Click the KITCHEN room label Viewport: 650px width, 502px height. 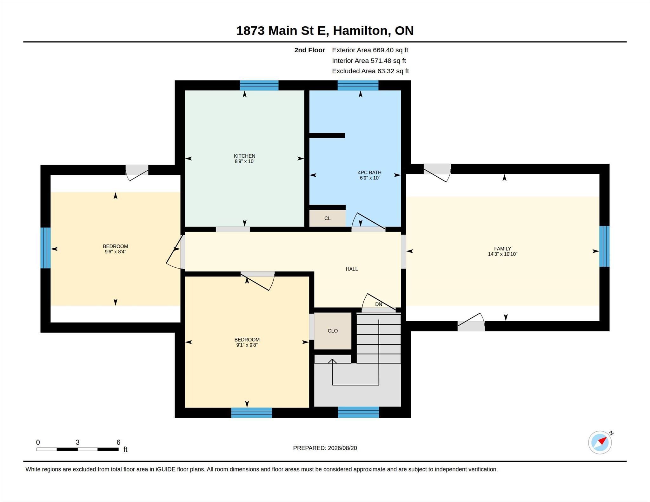[244, 156]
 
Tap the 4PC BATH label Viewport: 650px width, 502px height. [369, 173]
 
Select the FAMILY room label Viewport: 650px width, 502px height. [502, 249]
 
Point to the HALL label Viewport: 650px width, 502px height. [352, 269]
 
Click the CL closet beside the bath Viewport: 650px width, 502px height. [328, 218]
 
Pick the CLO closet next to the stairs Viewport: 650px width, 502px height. [333, 331]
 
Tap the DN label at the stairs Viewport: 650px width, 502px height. [379, 304]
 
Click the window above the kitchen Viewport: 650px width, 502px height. [259, 85]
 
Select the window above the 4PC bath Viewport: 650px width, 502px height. [358, 85]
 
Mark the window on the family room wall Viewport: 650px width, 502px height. [604, 246]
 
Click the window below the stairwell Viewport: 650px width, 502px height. [358, 412]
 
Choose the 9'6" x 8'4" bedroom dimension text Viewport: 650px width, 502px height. [116, 252]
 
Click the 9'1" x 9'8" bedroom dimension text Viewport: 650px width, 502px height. [247, 345]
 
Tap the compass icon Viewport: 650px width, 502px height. [600, 442]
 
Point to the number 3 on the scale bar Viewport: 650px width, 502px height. [77, 442]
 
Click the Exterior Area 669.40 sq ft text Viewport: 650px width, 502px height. [370, 50]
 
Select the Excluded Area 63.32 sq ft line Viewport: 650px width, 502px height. [370, 71]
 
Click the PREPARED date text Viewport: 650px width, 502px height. [325, 448]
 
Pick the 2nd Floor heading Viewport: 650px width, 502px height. [309, 50]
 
